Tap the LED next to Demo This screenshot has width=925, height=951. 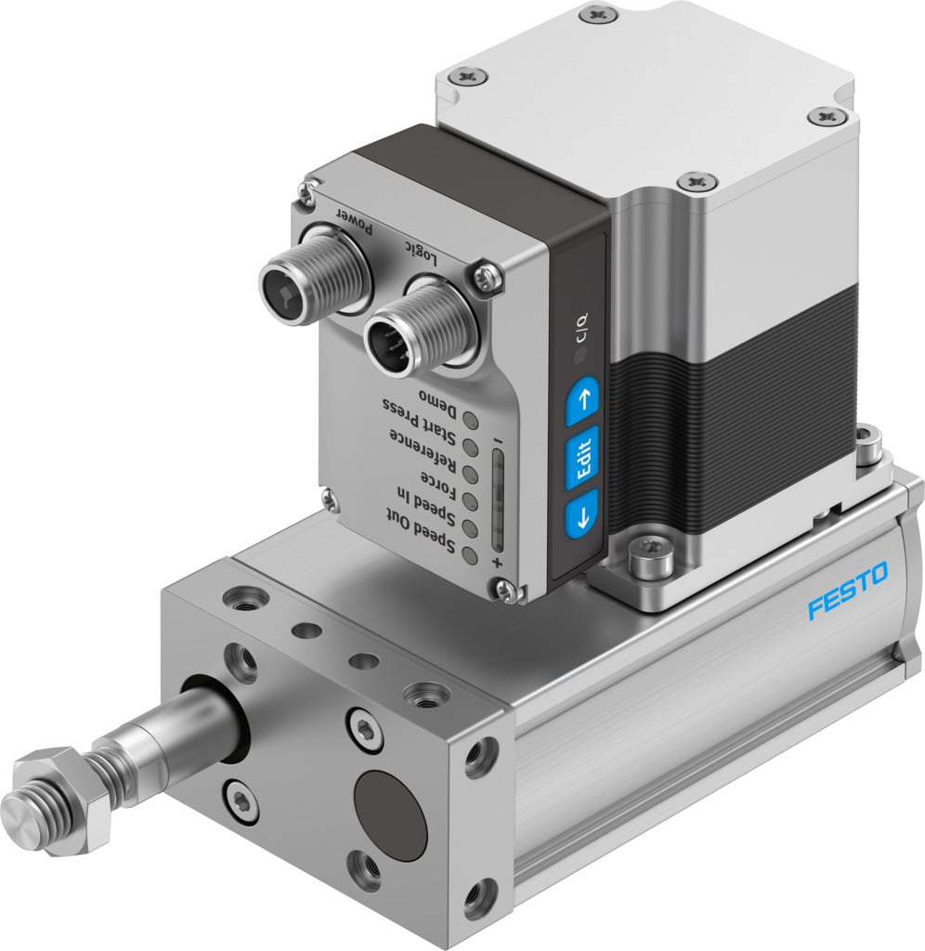(x=472, y=420)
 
